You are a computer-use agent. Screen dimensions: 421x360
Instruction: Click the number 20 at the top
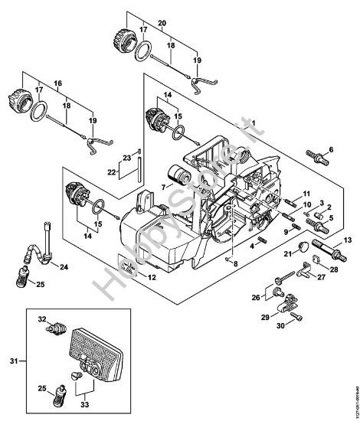[x=162, y=23]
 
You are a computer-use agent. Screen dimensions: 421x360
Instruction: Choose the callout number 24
[x=63, y=267]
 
